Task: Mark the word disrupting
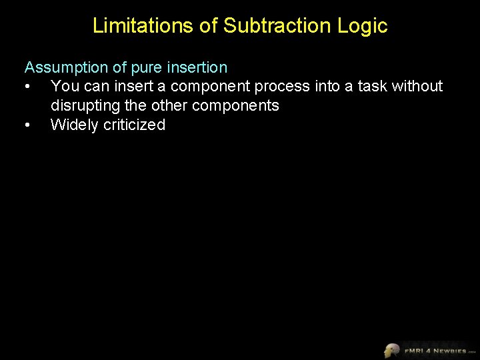[85, 106]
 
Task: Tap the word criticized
[135, 125]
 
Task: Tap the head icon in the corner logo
[391, 350]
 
